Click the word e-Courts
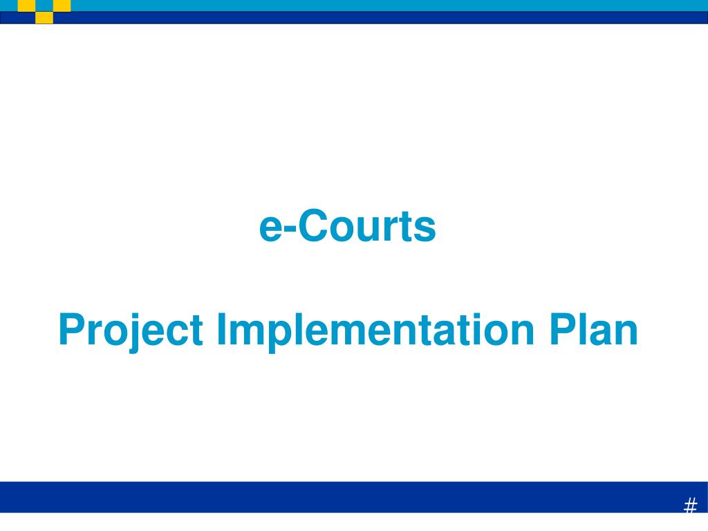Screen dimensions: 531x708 (x=347, y=226)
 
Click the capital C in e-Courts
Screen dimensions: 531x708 (x=313, y=226)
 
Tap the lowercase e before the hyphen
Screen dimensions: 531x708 (x=271, y=229)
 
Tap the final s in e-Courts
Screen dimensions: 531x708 (x=427, y=230)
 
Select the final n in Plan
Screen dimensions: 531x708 (x=626, y=333)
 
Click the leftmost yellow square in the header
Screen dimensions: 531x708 (x=26, y=6)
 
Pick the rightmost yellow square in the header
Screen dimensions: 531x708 (x=62, y=6)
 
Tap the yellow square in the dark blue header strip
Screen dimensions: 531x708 (x=44, y=17)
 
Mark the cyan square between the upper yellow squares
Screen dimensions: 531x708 (x=44, y=6)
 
